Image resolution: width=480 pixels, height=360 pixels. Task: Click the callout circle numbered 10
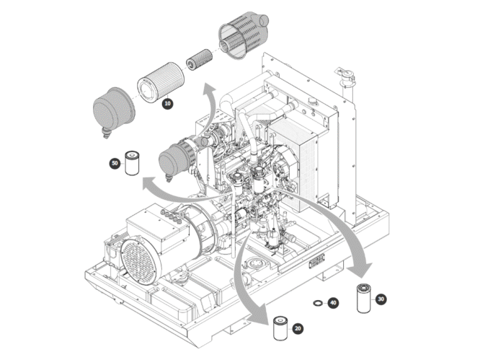(168, 104)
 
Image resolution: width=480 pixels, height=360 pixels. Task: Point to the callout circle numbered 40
(332, 303)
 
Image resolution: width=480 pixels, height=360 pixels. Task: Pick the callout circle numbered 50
(114, 164)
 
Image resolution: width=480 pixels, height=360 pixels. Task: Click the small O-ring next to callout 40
(318, 303)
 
